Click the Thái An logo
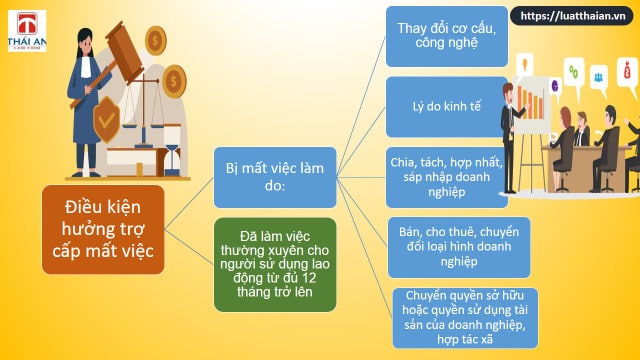tap(27, 31)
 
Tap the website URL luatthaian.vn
tap(573, 16)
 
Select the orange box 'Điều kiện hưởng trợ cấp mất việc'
tap(103, 229)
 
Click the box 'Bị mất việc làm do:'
tap(275, 177)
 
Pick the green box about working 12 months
tap(275, 264)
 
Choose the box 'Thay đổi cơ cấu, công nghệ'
tap(447, 36)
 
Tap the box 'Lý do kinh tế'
tap(447, 107)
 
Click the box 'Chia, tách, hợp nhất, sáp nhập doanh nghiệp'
tap(447, 177)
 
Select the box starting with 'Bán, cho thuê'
tap(459, 247)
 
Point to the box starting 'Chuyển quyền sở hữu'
tap(465, 318)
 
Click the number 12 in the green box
tap(309, 278)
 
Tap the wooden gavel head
tap(124, 52)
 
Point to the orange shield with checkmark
tap(106, 119)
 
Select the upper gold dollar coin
tap(156, 40)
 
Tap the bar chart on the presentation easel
tap(531, 102)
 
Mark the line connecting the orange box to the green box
tap(189, 247)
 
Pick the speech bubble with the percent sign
tap(573, 73)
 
